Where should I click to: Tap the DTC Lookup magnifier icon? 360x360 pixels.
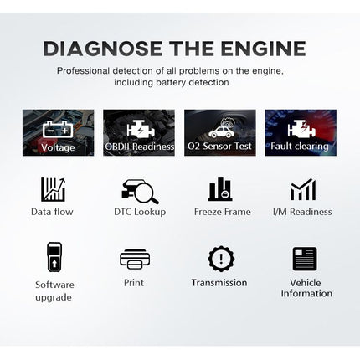pos(138,190)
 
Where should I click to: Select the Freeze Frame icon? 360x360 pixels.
pos(220,189)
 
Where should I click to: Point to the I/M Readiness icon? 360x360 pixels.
pos(301,190)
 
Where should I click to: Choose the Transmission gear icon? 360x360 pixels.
pos(220,258)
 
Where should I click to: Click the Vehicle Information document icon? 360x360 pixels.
pos(302,258)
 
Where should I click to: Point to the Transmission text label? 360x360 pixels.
pos(219,283)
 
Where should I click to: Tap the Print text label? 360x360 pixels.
pos(133,283)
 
